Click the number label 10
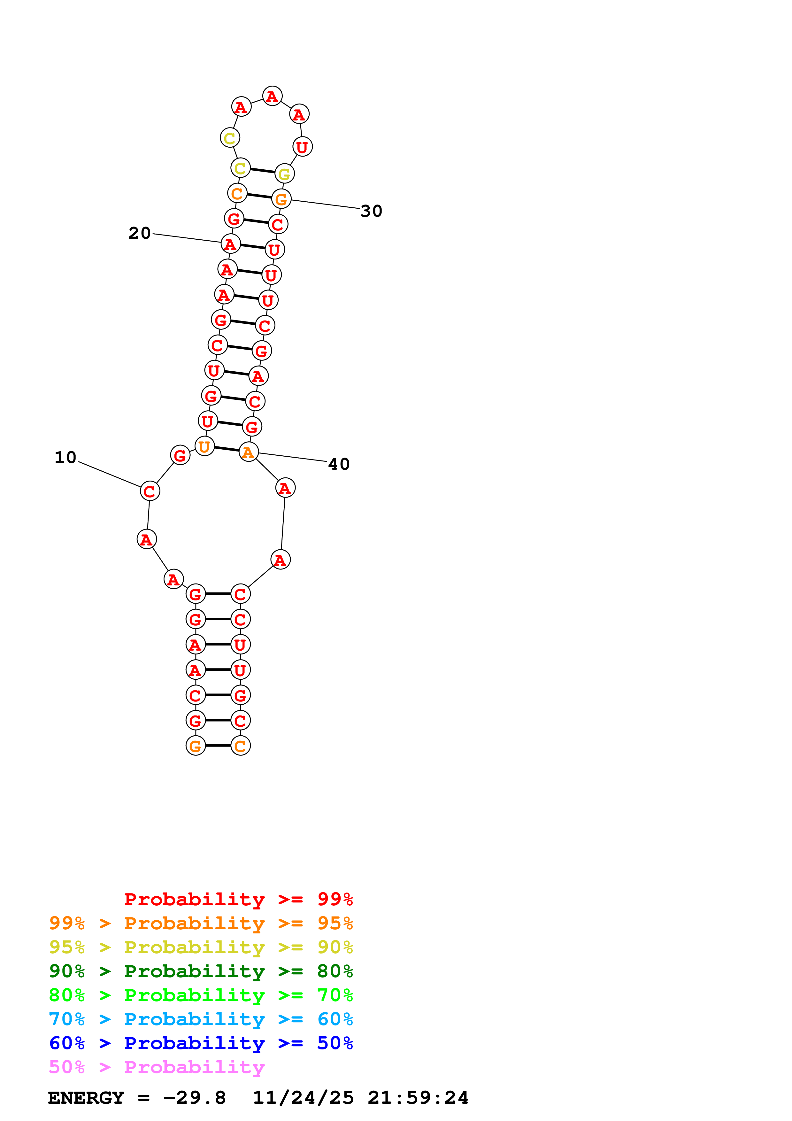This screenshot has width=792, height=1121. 65,458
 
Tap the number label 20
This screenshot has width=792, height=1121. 140,233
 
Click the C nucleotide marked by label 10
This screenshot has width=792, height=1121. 150,491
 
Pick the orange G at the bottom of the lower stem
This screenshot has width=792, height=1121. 196,746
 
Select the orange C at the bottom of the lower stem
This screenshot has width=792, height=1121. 240,746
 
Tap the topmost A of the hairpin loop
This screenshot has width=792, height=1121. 272,96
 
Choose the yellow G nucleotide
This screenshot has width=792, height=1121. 284,174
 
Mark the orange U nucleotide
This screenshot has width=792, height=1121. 204,446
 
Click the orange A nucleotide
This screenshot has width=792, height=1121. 248,452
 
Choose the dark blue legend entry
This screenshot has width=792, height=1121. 201,1043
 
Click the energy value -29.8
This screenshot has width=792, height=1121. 194,1098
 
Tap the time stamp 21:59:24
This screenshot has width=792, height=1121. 418,1098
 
